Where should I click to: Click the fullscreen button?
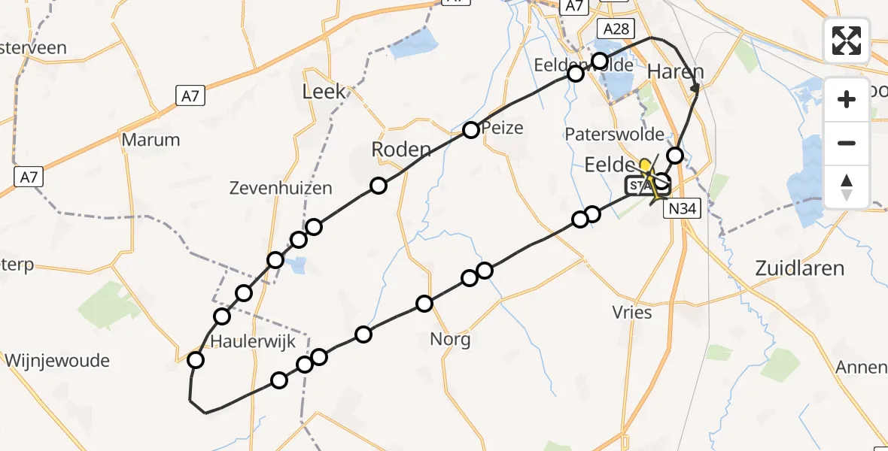(847, 40)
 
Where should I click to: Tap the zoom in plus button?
(847, 100)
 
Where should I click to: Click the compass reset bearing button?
(847, 186)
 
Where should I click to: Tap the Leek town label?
(324, 92)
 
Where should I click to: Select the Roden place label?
(401, 150)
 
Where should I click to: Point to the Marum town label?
(151, 140)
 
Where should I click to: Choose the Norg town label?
(450, 339)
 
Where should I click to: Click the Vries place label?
(632, 312)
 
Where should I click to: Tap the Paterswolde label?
(615, 135)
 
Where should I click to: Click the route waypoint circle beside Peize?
(470, 130)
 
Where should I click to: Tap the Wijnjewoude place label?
(57, 361)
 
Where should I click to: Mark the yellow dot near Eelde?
(645, 164)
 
